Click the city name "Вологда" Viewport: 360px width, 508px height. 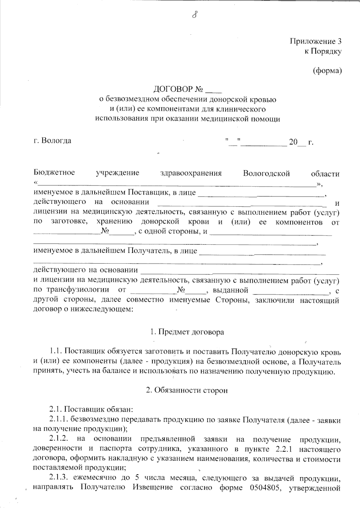[56, 141]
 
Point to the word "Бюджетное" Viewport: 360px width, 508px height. [54, 173]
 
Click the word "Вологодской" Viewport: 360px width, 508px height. [266, 174]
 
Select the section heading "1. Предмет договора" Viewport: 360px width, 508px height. [187, 332]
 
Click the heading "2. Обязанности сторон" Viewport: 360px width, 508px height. [187, 391]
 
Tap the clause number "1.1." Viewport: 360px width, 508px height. [56, 351]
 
